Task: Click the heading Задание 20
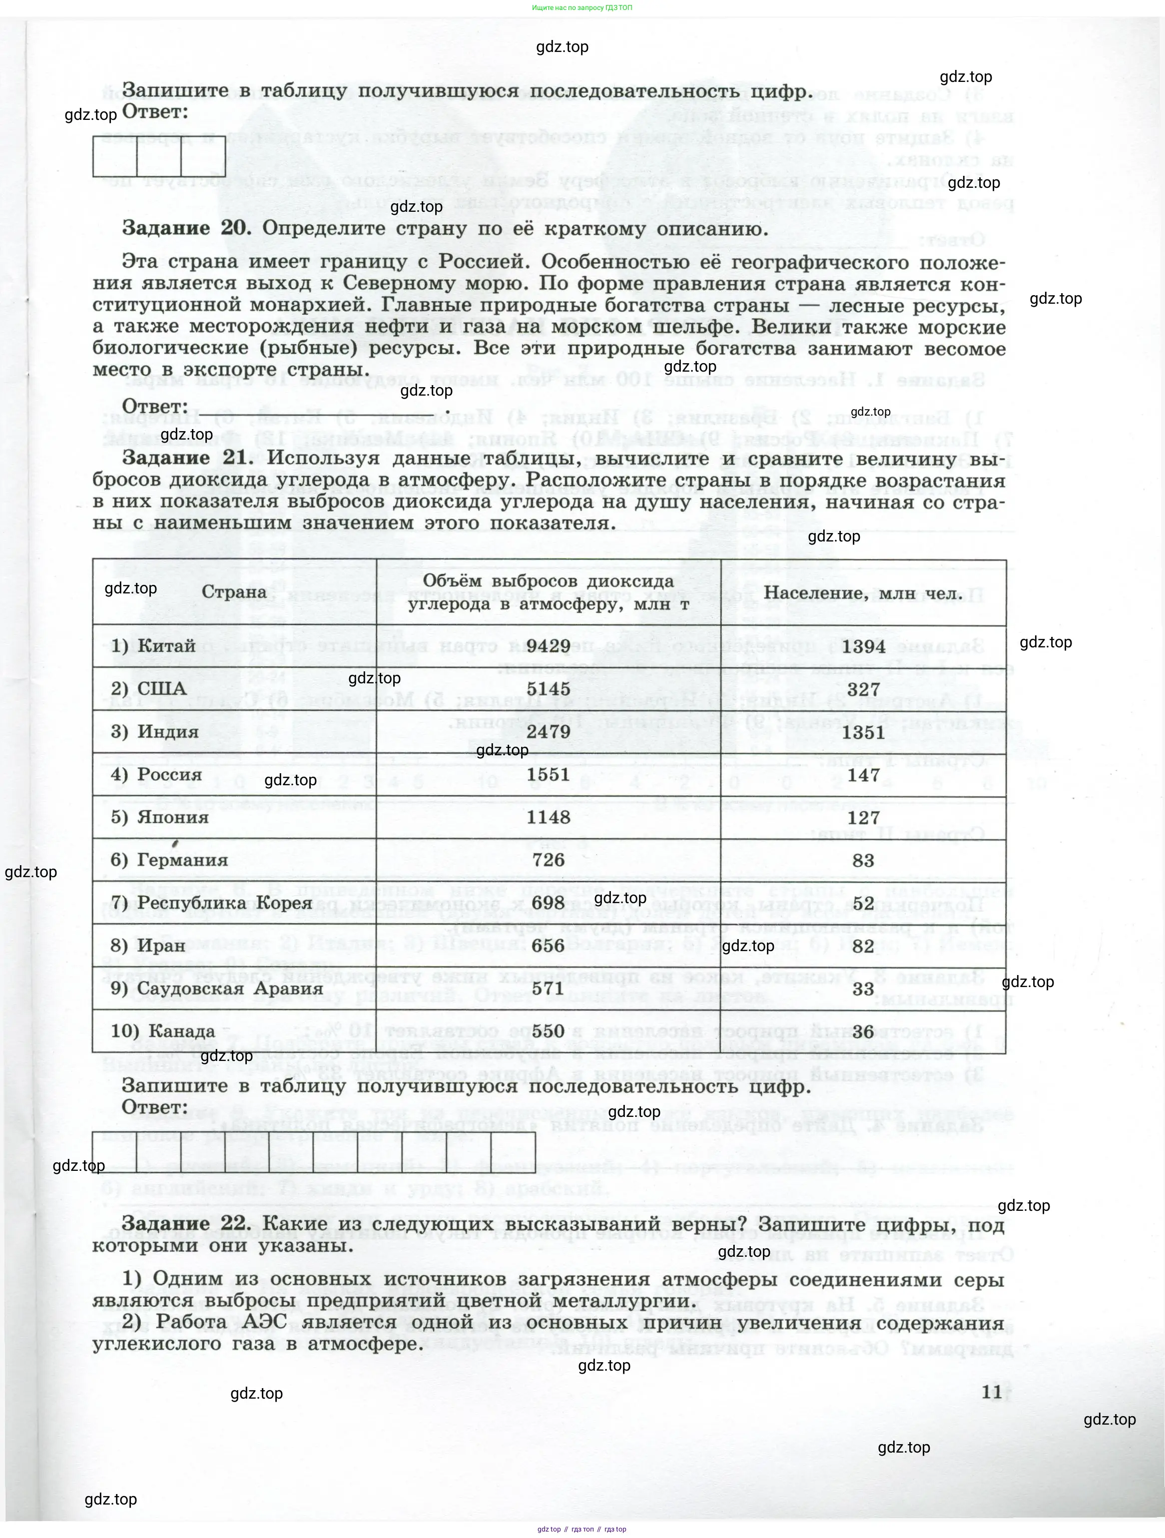coord(186,228)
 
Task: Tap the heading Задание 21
coord(186,458)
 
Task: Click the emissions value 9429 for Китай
coord(548,646)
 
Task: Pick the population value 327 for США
coord(863,689)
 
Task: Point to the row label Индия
coord(168,731)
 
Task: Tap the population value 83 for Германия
coord(863,860)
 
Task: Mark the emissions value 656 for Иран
coord(548,946)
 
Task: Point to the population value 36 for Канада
coord(863,1031)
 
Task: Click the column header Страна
coord(234,592)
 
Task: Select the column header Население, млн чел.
coord(863,593)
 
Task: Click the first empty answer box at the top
coord(115,156)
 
